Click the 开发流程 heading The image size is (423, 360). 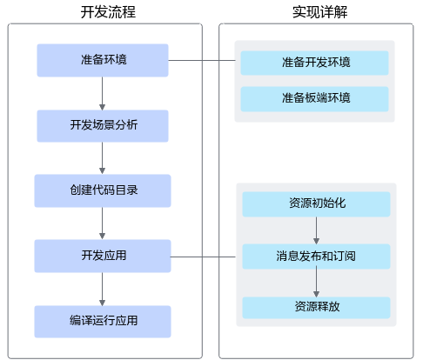coord(108,12)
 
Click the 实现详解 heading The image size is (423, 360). coord(319,12)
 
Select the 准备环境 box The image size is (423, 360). coord(103,60)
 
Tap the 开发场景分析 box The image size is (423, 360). coord(103,126)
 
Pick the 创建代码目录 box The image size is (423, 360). coord(103,190)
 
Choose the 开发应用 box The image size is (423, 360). coord(103,256)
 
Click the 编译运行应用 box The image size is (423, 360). coord(103,322)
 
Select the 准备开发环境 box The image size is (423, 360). coord(315,63)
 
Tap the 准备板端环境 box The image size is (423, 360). coord(315,99)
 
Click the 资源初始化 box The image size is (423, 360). coord(317,204)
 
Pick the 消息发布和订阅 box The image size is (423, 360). coord(317,257)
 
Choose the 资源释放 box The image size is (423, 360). coord(317,308)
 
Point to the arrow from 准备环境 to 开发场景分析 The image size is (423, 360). coord(102,93)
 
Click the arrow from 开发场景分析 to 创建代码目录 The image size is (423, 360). coord(102,158)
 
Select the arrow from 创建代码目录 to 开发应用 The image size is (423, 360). coord(102,223)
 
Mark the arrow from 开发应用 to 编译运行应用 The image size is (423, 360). coord(102,289)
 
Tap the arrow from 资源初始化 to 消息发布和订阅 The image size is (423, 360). coord(317,230)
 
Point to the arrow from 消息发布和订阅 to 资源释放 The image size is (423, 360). coord(317,283)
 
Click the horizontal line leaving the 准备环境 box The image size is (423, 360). coord(202,60)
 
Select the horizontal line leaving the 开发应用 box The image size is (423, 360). coord(203,257)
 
